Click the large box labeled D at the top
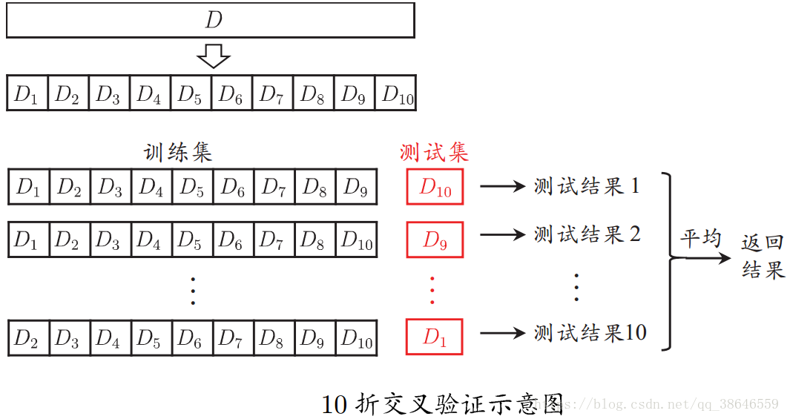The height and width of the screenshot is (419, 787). pyautogui.click(x=210, y=20)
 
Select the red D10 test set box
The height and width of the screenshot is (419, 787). pyautogui.click(x=435, y=187)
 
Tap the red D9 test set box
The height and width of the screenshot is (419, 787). pyautogui.click(x=435, y=240)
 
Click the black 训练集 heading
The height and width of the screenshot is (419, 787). pyautogui.click(x=178, y=153)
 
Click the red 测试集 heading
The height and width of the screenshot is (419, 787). pyautogui.click(x=434, y=153)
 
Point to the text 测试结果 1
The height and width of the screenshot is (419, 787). pyautogui.click(x=586, y=186)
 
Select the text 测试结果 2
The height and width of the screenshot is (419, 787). pyautogui.click(x=587, y=234)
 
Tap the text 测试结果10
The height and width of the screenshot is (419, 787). pyautogui.click(x=590, y=333)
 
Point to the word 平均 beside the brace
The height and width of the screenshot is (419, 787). pyautogui.click(x=700, y=239)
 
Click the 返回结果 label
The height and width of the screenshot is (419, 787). pyautogui.click(x=763, y=257)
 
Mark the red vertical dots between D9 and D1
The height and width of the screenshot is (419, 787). pyautogui.click(x=433, y=289)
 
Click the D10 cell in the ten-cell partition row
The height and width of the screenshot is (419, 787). pyautogui.click(x=397, y=94)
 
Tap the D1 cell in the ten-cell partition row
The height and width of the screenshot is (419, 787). pyautogui.click(x=27, y=94)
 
